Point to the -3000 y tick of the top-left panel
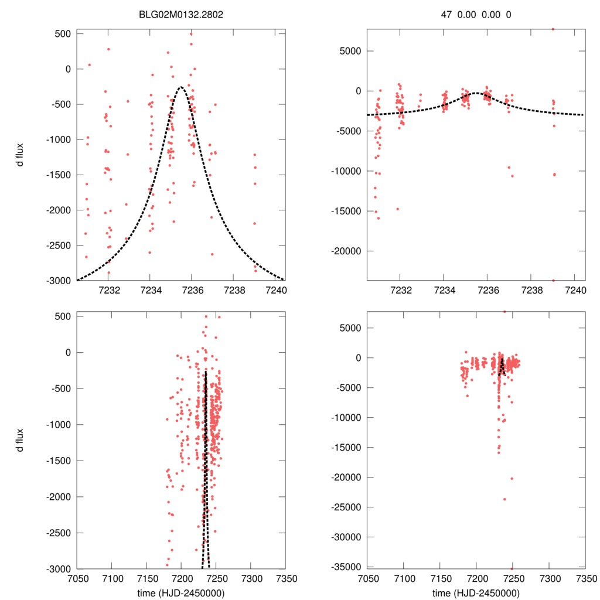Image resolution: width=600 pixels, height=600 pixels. pos(59,280)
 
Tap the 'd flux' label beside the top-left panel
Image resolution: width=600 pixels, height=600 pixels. pos(21,156)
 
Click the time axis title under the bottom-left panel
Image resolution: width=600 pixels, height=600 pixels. pos(181,592)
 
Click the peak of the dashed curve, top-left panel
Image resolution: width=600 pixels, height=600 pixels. pos(181,87)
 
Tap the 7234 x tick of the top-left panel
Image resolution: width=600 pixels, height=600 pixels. pos(151,290)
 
